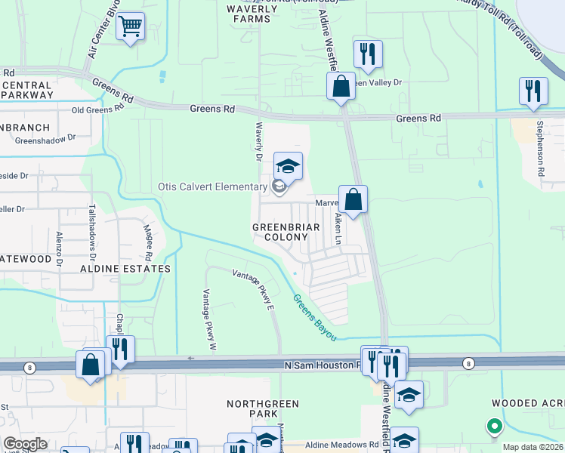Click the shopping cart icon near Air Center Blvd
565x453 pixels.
pyautogui.click(x=131, y=27)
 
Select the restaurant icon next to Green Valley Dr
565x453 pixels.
pyautogui.click(x=368, y=54)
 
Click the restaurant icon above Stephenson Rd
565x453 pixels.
pyautogui.click(x=533, y=91)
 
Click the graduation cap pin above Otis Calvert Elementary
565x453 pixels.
pyautogui.click(x=288, y=166)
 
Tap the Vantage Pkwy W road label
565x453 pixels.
pyautogui.click(x=209, y=319)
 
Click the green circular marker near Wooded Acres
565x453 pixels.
pyautogui.click(x=495, y=427)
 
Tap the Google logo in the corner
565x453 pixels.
pyautogui.click(x=24, y=444)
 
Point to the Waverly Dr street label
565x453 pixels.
pyautogui.click(x=258, y=142)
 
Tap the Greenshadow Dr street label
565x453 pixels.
pyautogui.click(x=46, y=139)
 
